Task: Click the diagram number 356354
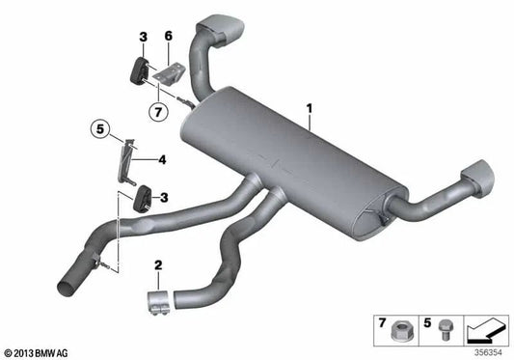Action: click(x=488, y=351)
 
